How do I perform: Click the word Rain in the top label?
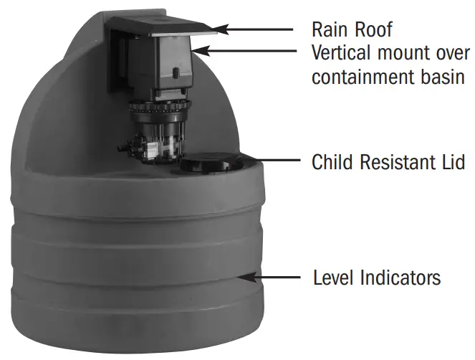click(330, 29)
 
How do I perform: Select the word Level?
click(334, 278)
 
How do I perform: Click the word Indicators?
click(400, 278)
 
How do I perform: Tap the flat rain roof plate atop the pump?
click(161, 26)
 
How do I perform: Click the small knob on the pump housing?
click(176, 72)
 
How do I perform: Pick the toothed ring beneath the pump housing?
click(160, 108)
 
